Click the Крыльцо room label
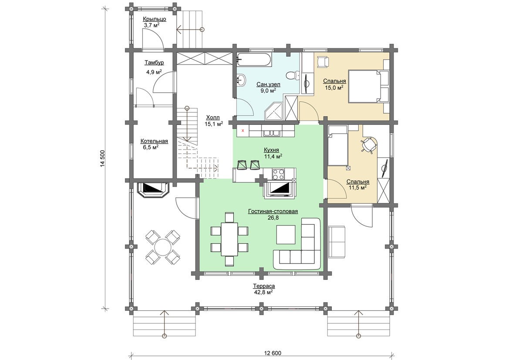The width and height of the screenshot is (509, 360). click(154, 19)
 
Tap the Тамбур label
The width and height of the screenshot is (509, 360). click(154, 63)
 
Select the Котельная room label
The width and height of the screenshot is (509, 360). click(154, 141)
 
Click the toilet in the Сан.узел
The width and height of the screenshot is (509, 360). click(293, 75)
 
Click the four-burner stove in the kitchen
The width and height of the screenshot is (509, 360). click(279, 174)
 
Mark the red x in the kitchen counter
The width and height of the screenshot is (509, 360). click(243, 131)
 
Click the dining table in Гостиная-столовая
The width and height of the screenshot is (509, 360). click(229, 239)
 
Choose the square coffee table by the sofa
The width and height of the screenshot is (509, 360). click(286, 234)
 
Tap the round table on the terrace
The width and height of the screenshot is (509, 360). click(163, 247)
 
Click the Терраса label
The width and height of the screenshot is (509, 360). click(264, 286)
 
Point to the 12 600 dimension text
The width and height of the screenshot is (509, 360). click(273, 353)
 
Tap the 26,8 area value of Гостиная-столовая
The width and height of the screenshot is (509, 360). click(273, 218)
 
